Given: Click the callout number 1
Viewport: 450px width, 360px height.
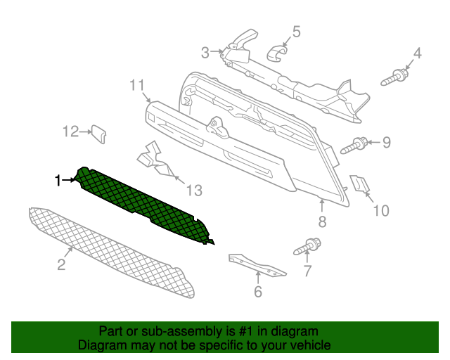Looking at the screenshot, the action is [x=58, y=181].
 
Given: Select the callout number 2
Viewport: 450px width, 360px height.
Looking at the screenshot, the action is [x=61, y=264].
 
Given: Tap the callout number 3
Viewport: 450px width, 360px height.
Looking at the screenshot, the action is [x=205, y=53].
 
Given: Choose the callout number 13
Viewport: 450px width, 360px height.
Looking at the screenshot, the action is [x=194, y=191].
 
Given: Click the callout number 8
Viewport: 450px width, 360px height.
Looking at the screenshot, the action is [x=322, y=221].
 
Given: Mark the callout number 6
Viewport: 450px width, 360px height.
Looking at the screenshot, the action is [x=258, y=291].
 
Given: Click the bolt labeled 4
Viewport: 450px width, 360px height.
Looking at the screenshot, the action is [x=394, y=77].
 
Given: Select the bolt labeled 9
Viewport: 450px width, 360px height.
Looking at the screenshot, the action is [x=354, y=146].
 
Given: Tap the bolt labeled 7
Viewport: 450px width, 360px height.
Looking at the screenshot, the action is [x=307, y=247].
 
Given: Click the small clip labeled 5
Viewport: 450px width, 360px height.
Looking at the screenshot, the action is [x=277, y=53].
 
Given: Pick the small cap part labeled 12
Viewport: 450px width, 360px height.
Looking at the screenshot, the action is [x=98, y=134].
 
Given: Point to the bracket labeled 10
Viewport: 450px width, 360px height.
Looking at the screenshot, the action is [x=359, y=183].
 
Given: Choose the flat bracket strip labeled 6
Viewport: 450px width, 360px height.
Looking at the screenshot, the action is [x=256, y=264].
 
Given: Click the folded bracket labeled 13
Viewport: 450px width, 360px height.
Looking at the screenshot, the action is [x=156, y=160].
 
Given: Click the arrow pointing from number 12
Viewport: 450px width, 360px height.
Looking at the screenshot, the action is [x=85, y=131].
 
